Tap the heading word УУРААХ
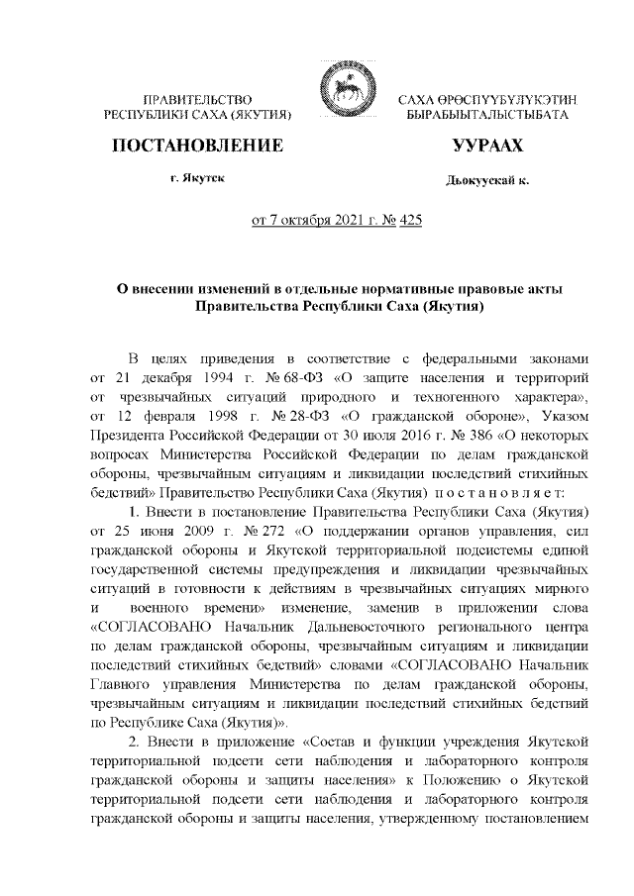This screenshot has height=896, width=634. point(487,147)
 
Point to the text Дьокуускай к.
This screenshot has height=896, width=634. point(487,182)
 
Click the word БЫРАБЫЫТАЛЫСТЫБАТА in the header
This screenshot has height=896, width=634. point(487,116)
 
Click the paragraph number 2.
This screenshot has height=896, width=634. point(135,743)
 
